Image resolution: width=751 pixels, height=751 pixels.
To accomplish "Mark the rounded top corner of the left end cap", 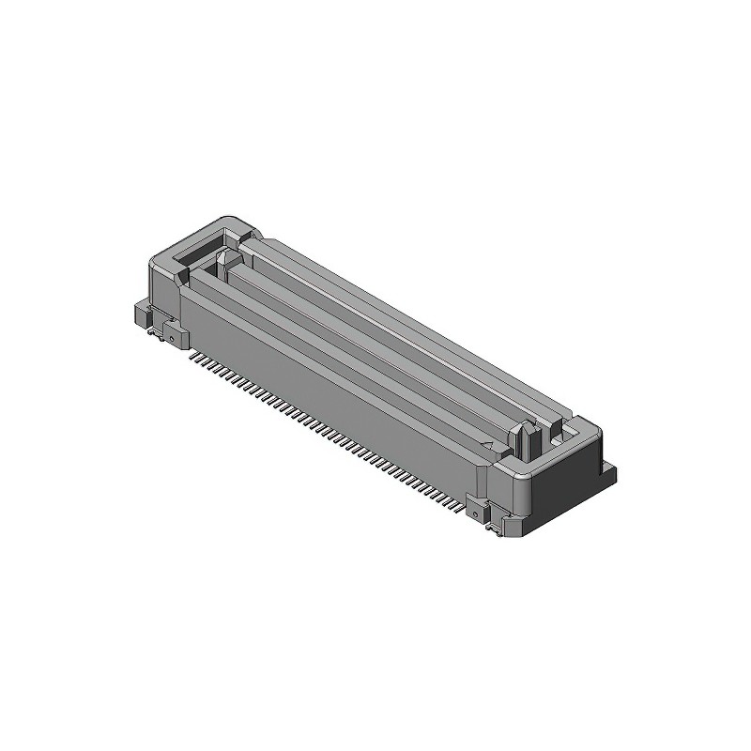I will tap(225, 222).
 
